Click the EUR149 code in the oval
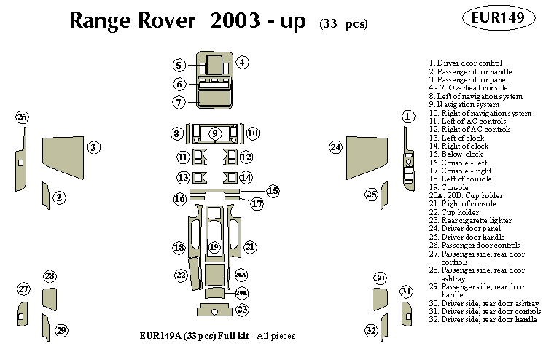pyautogui.click(x=499, y=18)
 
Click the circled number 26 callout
pyautogui.click(x=23, y=118)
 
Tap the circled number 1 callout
pyautogui.click(x=408, y=116)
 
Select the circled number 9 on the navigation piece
pyautogui.click(x=214, y=133)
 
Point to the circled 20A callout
pyautogui.click(x=241, y=275)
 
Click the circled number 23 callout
pyautogui.click(x=242, y=310)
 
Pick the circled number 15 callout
pyautogui.click(x=273, y=191)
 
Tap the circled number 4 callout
pyautogui.click(x=242, y=63)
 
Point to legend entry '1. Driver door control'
pyautogui.click(x=465, y=63)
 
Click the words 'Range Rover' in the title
pyautogui.click(x=132, y=21)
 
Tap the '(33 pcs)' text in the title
pyautogui.click(x=343, y=24)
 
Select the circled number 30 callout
pyautogui.click(x=379, y=278)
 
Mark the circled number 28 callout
pyautogui.click(x=50, y=276)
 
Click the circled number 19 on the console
pyautogui.click(x=214, y=248)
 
